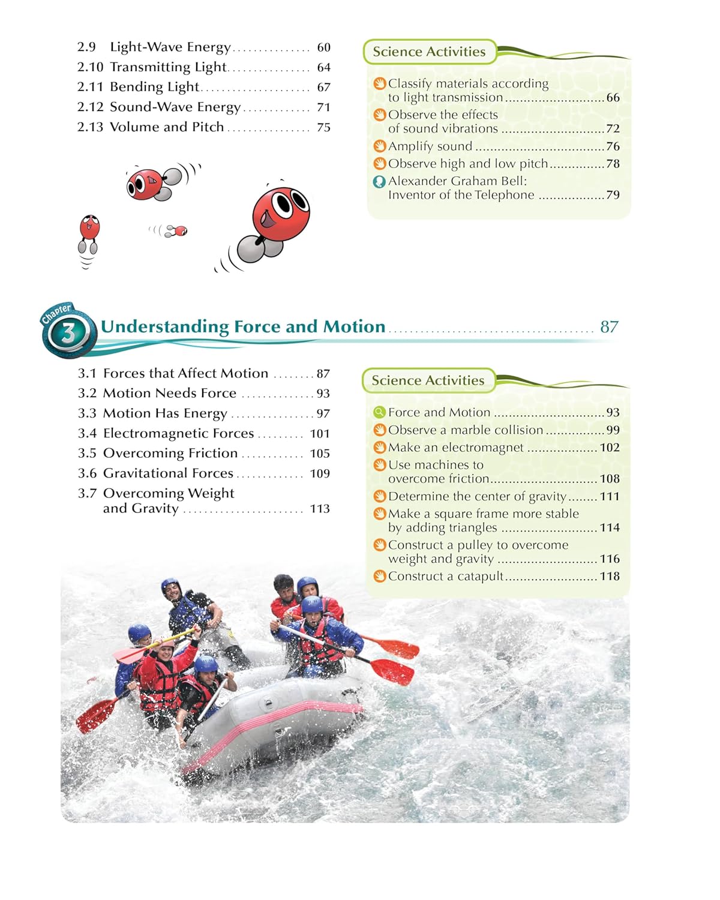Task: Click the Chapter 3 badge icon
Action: (x=68, y=331)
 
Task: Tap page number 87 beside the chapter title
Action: (x=609, y=326)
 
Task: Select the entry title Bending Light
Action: (x=154, y=87)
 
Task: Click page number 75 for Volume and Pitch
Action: (x=323, y=127)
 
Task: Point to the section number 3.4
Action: (x=87, y=433)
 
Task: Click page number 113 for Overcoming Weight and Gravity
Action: (x=320, y=509)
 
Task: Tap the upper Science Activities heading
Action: (x=429, y=52)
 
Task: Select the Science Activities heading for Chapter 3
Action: (x=428, y=380)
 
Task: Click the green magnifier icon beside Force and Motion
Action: (x=379, y=412)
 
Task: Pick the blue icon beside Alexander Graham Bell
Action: (x=379, y=181)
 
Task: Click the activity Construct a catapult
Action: (x=446, y=577)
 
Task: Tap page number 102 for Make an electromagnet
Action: (x=610, y=448)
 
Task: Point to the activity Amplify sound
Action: (x=430, y=146)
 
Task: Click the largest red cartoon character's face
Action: (x=281, y=213)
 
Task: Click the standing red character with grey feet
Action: (x=89, y=233)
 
